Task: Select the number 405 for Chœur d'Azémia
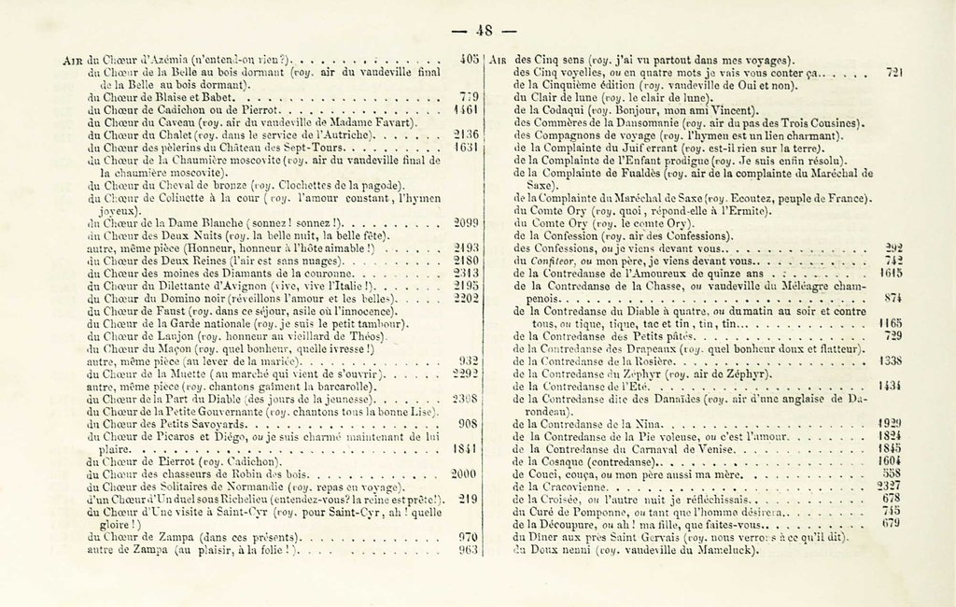(470, 58)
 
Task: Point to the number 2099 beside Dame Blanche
(466, 223)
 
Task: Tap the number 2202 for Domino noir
(466, 298)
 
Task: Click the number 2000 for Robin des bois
(465, 473)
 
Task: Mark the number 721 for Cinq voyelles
(893, 71)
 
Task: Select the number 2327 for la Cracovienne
(890, 486)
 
